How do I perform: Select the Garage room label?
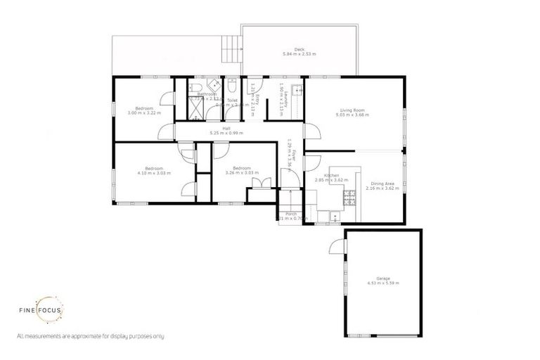383,280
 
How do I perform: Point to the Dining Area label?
385,186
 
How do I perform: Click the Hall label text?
225,130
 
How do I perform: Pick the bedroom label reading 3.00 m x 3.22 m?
144,110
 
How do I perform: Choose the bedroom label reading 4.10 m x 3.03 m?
154,170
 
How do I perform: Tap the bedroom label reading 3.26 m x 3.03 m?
242,170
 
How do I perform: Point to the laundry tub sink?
297,90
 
